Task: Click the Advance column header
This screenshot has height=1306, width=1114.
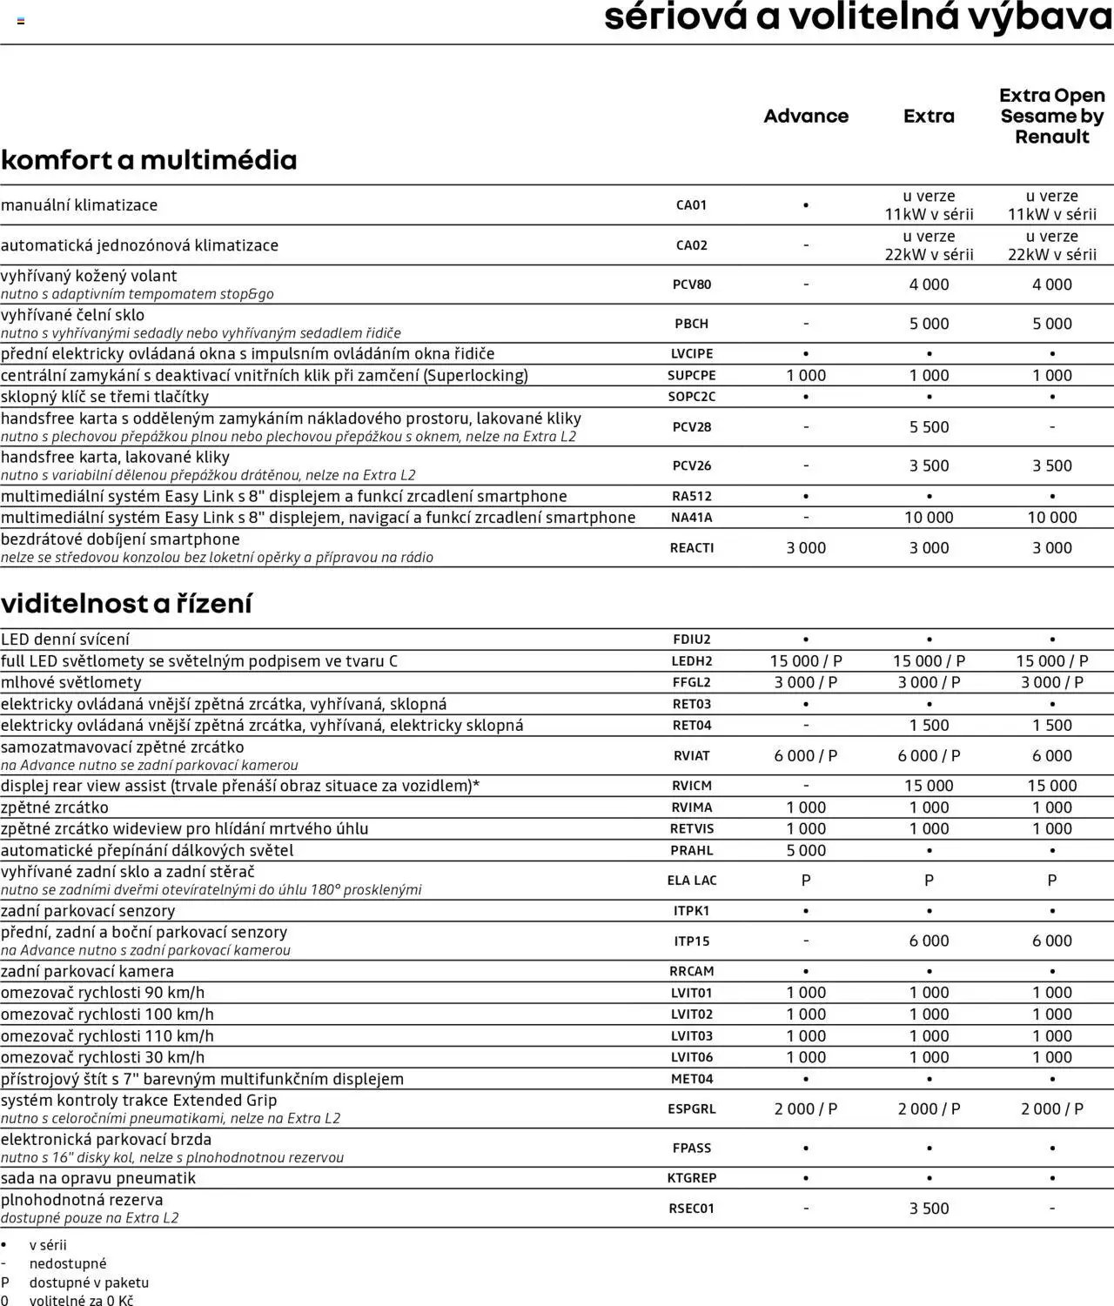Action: coord(806,116)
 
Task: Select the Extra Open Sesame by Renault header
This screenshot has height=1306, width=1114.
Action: coord(1051,116)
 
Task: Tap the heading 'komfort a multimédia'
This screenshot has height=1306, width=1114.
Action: coord(149,160)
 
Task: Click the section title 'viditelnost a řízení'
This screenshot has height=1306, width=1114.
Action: coord(126,603)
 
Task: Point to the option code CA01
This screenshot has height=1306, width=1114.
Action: coord(692,205)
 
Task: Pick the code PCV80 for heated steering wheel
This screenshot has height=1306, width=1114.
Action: coord(692,285)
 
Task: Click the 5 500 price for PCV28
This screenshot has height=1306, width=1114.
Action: coord(929,427)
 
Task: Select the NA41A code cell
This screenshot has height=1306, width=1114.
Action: coord(692,518)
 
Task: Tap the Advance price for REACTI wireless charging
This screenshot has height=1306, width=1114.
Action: coord(806,548)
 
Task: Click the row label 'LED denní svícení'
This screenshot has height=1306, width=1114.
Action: coord(65,640)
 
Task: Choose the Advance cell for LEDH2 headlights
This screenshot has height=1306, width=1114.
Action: coord(806,661)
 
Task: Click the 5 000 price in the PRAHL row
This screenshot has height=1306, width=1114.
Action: coord(806,851)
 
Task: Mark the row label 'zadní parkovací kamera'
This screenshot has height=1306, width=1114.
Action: coord(87,971)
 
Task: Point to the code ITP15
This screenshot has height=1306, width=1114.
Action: coord(692,941)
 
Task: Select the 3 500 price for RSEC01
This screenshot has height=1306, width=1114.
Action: coord(929,1209)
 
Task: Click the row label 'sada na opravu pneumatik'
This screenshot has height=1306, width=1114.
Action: coord(98,1178)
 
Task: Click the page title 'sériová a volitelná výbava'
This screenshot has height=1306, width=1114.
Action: coord(858,17)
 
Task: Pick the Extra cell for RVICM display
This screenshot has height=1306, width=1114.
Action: coord(929,786)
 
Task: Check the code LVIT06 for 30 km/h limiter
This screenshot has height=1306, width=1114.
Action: coord(692,1057)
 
